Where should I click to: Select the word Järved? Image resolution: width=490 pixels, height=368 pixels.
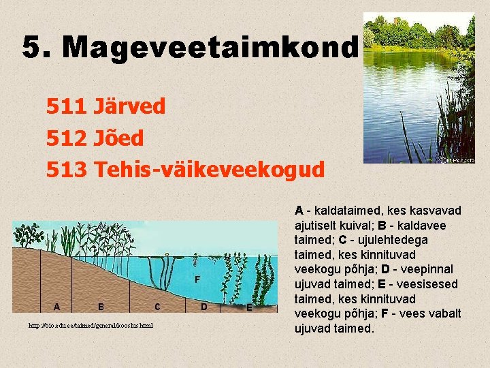pyautogui.click(x=129, y=107)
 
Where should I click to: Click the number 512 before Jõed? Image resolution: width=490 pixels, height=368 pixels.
pyautogui.click(x=67, y=138)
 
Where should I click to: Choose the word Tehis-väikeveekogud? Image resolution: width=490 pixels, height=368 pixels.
pyautogui.click(x=210, y=170)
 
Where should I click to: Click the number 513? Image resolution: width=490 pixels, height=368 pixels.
pyautogui.click(x=67, y=170)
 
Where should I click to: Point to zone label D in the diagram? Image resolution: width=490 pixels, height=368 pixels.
pyautogui.click(x=204, y=306)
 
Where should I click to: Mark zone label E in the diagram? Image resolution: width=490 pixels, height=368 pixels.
pyautogui.click(x=249, y=307)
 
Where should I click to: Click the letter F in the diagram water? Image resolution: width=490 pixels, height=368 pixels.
pyautogui.click(x=197, y=279)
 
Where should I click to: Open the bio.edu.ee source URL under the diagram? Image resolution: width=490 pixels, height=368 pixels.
pyautogui.click(x=91, y=325)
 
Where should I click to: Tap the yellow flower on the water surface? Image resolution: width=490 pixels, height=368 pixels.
pyautogui.click(x=195, y=259)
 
